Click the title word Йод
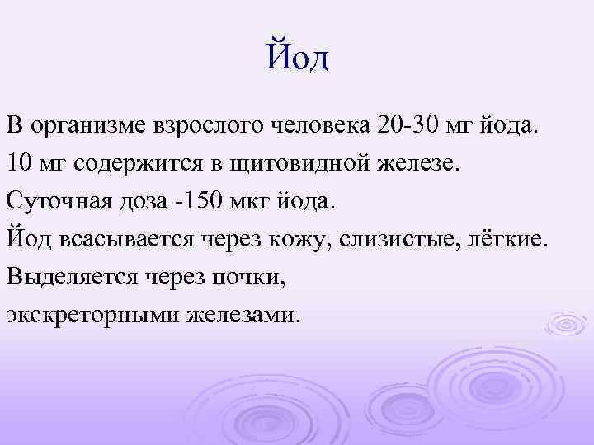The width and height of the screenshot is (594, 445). click(x=297, y=58)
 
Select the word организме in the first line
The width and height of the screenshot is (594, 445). click(x=87, y=128)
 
